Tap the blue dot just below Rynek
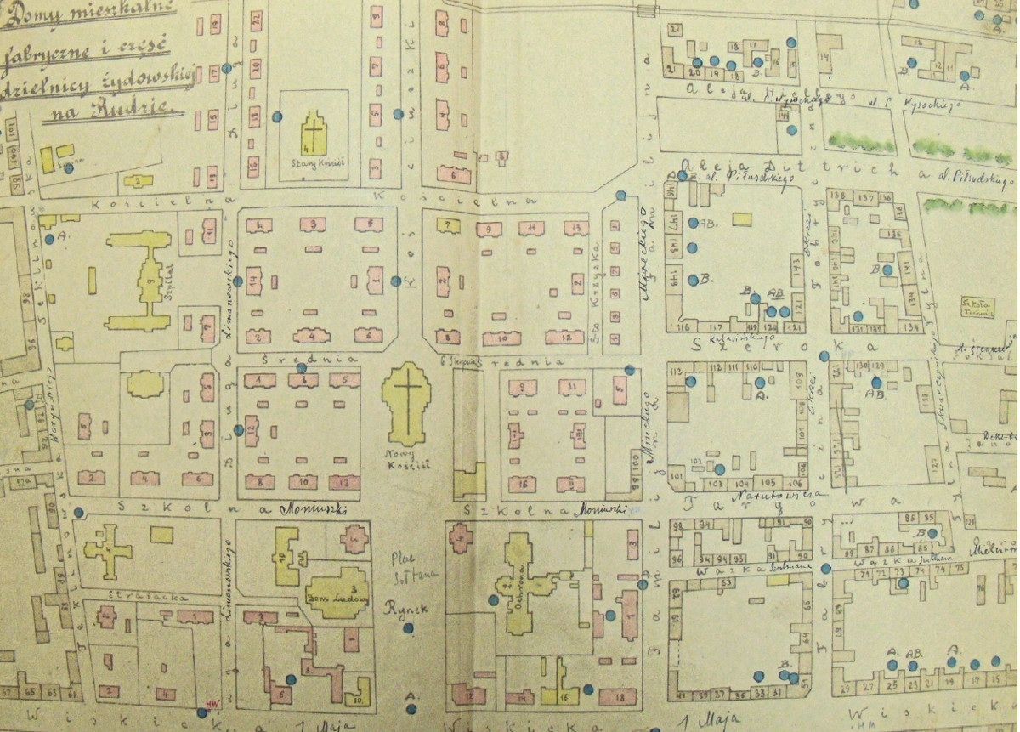pos(408,629)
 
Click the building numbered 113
pos(676,372)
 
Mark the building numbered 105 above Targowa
pos(756,482)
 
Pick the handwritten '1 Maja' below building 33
pos(715,723)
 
